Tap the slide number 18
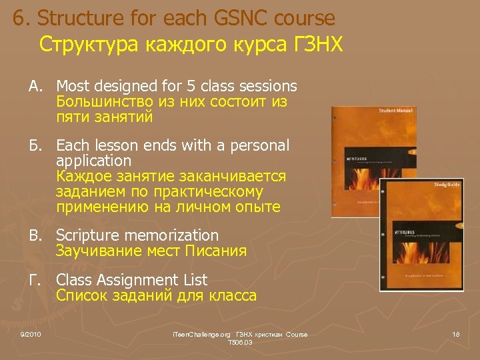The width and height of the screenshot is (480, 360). click(455, 333)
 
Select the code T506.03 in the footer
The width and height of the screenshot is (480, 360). click(239, 342)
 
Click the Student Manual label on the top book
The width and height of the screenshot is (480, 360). click(396, 111)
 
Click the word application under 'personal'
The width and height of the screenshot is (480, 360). click(94, 161)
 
